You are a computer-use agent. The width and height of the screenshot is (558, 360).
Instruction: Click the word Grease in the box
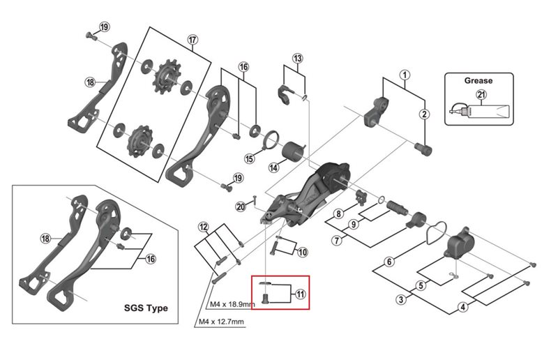[x=478, y=80]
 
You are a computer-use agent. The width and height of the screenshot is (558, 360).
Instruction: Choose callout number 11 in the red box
[x=300, y=294]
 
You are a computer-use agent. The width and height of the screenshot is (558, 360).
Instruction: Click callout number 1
[x=403, y=74]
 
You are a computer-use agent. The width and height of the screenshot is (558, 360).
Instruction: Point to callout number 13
[x=298, y=58]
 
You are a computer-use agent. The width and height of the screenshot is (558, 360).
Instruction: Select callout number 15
[x=250, y=159]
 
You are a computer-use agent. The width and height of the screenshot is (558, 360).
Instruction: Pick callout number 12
[x=203, y=227]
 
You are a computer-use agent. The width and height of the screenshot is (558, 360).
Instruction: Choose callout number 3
[x=401, y=300]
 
